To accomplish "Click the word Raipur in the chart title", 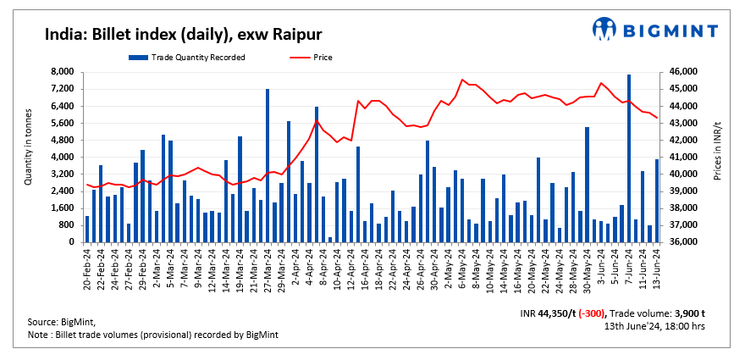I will pyautogui.click(x=295, y=34).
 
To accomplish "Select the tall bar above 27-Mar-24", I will pyautogui.click(x=268, y=165).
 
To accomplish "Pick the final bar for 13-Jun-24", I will pyautogui.click(x=656, y=201).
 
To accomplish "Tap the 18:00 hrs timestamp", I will pyautogui.click(x=683, y=325).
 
